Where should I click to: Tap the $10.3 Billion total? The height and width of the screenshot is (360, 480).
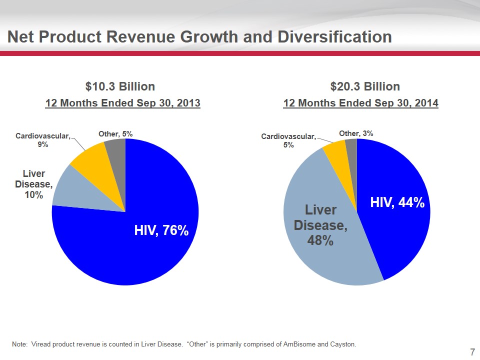(x=120, y=86)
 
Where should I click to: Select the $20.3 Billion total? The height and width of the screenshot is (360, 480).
(x=365, y=86)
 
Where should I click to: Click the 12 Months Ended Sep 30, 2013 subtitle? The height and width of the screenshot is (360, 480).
(x=123, y=103)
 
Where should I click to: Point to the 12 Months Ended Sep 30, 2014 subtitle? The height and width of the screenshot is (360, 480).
(x=360, y=103)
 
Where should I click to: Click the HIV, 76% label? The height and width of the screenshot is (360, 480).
(x=161, y=230)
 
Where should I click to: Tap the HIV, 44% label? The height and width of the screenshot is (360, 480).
(x=397, y=202)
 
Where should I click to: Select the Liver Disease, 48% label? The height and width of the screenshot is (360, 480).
(x=320, y=225)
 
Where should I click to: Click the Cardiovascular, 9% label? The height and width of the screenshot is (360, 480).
(x=43, y=139)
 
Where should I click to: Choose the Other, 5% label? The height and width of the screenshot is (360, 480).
(x=115, y=133)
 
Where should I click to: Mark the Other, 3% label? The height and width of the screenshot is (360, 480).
(x=356, y=133)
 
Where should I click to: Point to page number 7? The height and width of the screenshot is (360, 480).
(x=472, y=352)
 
